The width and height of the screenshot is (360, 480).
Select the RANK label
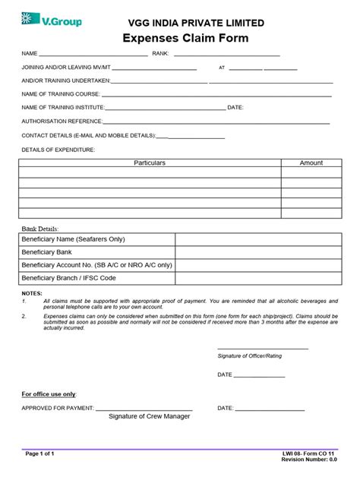(x=160, y=54)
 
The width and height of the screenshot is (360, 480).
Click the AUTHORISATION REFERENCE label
(x=62, y=121)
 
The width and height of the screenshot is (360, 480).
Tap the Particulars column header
(x=150, y=163)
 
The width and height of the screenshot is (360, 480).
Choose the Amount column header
(x=311, y=163)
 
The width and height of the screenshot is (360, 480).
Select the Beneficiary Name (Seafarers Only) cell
(x=74, y=239)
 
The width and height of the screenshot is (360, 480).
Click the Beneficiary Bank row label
(x=47, y=252)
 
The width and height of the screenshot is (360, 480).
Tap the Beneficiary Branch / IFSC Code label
(x=69, y=278)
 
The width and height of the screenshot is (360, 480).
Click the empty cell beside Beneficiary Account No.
(x=259, y=265)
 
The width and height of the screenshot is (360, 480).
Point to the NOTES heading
(x=33, y=292)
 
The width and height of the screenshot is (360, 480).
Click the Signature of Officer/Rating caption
(x=250, y=355)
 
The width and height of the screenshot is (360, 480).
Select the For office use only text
(x=49, y=394)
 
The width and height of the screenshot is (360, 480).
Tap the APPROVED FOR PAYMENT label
(x=58, y=408)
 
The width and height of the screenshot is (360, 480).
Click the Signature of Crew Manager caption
(x=150, y=416)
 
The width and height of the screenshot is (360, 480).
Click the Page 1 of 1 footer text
(x=40, y=453)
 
